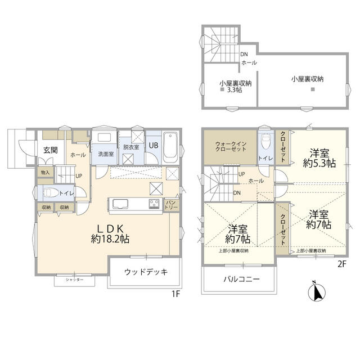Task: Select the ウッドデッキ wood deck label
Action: click(x=146, y=272)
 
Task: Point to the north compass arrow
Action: click(x=316, y=292)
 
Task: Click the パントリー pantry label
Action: click(x=171, y=204)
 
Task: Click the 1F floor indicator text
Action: click(x=175, y=293)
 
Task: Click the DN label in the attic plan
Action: click(x=244, y=55)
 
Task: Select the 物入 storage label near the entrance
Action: click(x=45, y=172)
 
